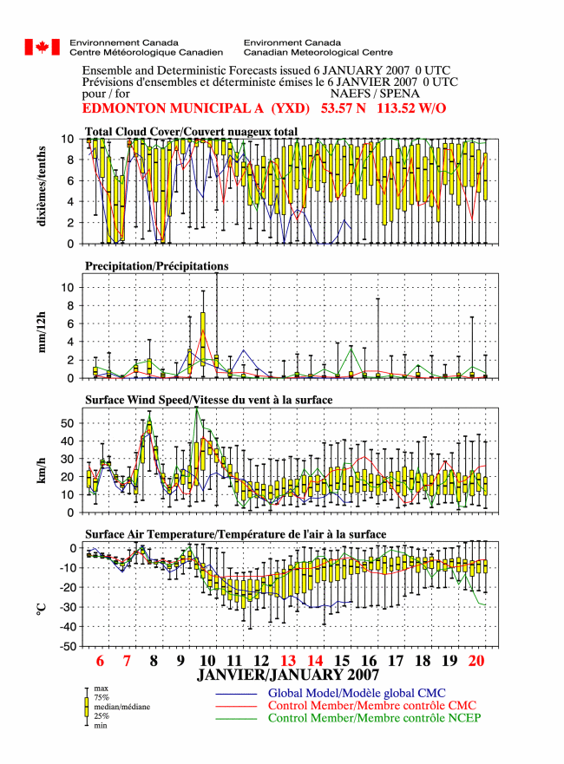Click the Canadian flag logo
[43, 48]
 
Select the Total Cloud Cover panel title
[191, 132]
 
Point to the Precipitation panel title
[156, 266]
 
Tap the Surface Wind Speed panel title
[208, 400]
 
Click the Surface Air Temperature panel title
[235, 534]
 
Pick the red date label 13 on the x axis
[288, 661]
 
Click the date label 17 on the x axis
[396, 661]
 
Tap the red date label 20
[476, 661]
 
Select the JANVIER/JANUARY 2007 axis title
[288, 675]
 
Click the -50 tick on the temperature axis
[68, 647]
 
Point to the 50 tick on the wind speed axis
[68, 423]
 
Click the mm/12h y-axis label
[42, 332]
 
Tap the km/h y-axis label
[41, 470]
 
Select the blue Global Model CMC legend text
[357, 694]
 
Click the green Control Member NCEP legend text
[374, 718]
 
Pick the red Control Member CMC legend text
[372, 706]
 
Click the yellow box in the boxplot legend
[87, 707]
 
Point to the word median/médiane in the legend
[121, 707]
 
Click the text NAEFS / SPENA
[374, 94]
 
